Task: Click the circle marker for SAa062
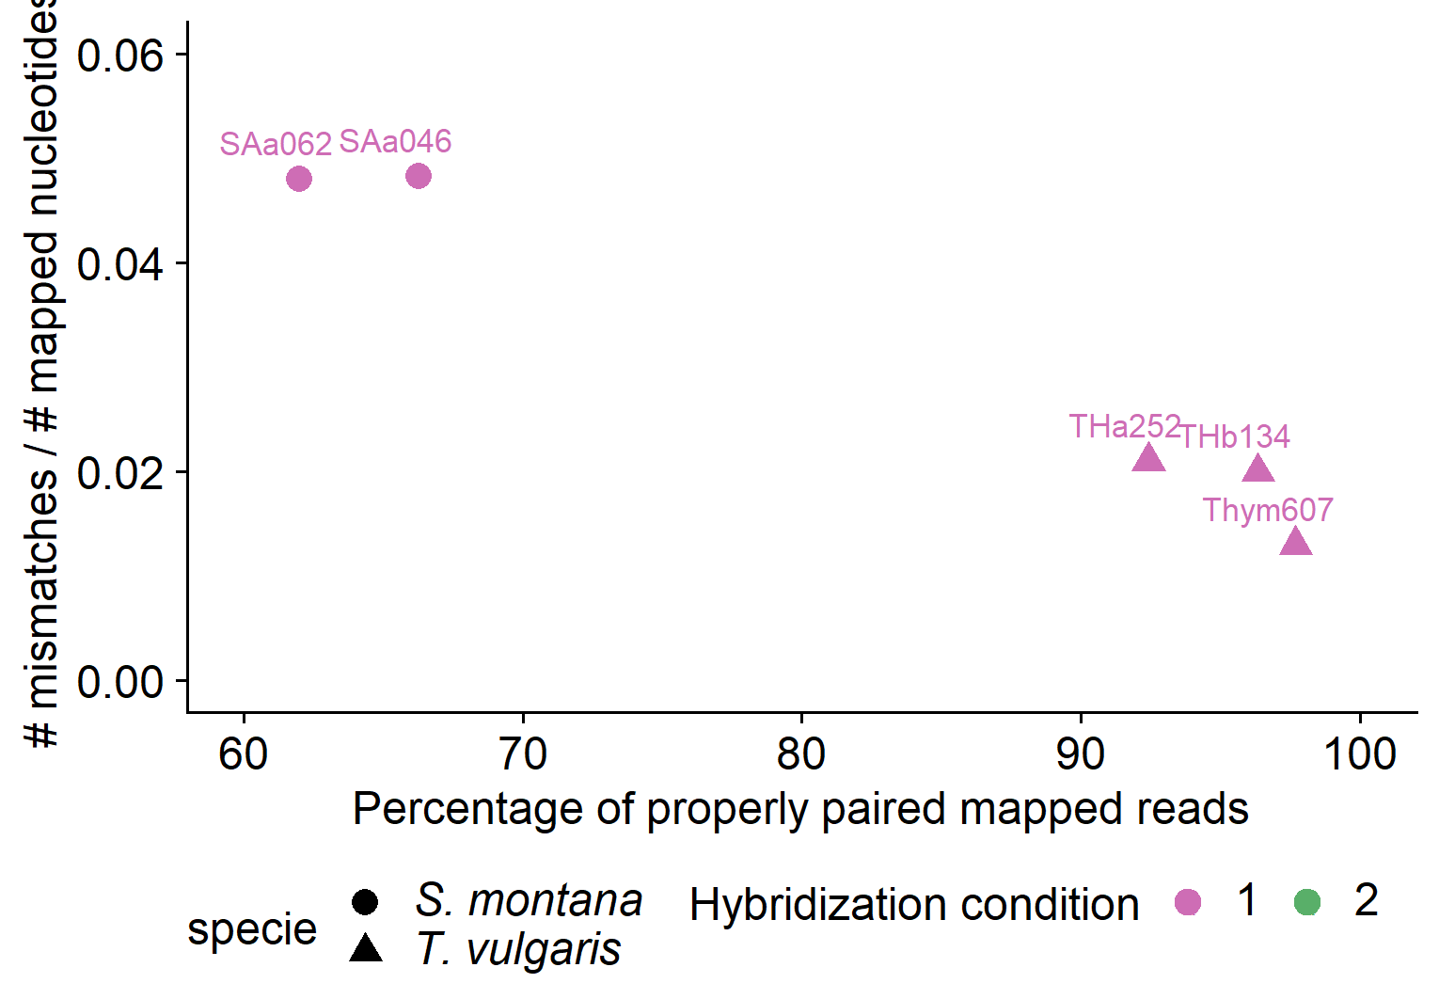pyautogui.click(x=299, y=179)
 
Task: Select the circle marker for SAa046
pyautogui.click(x=419, y=176)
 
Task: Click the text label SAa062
pyautogui.click(x=276, y=144)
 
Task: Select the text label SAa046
pyautogui.click(x=395, y=141)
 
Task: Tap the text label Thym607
pyautogui.click(x=1268, y=510)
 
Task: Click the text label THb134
pyautogui.click(x=1234, y=436)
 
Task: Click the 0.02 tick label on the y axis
pyautogui.click(x=119, y=472)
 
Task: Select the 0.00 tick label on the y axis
pyautogui.click(x=119, y=681)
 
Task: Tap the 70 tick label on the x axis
pyautogui.click(x=522, y=754)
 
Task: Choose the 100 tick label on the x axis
pyautogui.click(x=1359, y=754)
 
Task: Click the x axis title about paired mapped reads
pyautogui.click(x=800, y=809)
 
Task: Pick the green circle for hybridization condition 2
pyautogui.click(x=1307, y=902)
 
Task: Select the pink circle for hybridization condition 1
pyautogui.click(x=1188, y=902)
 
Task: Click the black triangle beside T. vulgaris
pyautogui.click(x=365, y=948)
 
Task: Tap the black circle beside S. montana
pyautogui.click(x=365, y=902)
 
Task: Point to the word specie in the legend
pyautogui.click(x=252, y=929)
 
